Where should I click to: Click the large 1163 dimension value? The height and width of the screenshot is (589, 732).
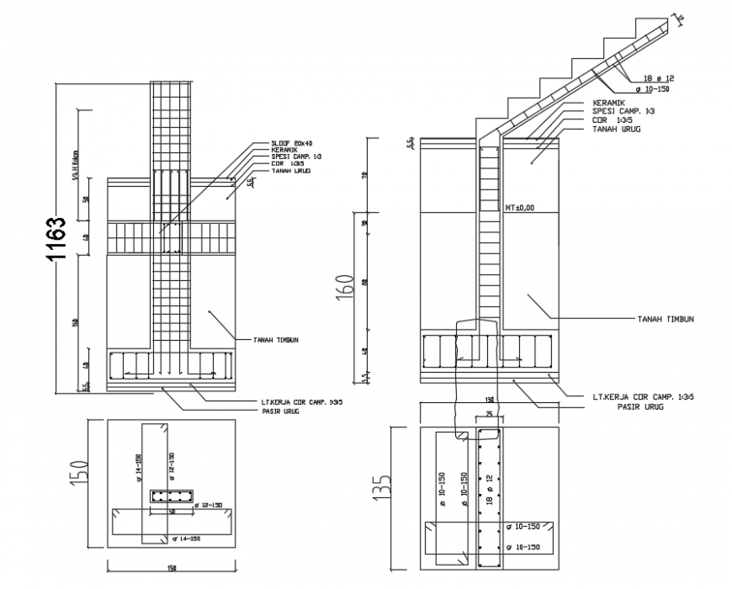(x=56, y=240)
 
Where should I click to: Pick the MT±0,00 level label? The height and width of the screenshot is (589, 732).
(x=520, y=206)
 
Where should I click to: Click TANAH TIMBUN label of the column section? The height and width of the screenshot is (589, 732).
(x=278, y=340)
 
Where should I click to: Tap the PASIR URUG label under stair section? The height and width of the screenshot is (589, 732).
(x=640, y=406)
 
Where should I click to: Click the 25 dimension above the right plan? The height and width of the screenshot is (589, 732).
(x=488, y=415)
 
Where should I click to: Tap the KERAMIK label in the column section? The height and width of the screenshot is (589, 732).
(x=284, y=151)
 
